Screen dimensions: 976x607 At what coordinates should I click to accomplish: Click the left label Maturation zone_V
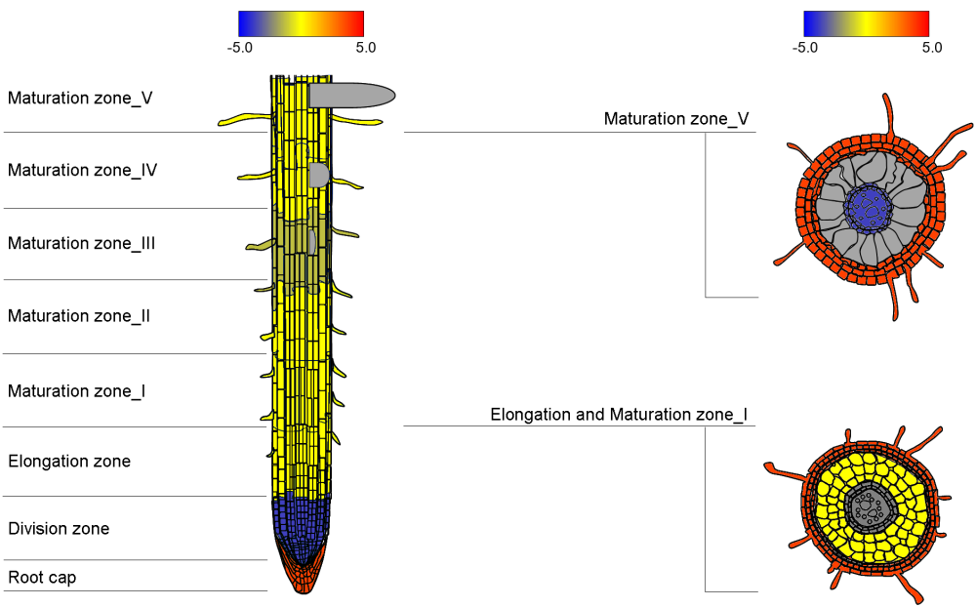[x=80, y=99]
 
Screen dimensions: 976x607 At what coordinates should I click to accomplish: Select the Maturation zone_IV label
[x=82, y=170]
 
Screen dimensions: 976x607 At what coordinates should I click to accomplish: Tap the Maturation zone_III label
[x=81, y=243]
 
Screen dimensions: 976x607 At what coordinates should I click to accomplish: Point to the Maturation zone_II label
[x=78, y=315]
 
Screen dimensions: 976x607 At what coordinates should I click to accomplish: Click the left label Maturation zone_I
[x=76, y=391]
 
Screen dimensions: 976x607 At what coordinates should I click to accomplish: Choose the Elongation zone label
[x=69, y=462]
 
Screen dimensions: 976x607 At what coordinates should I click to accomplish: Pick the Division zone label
[x=59, y=529]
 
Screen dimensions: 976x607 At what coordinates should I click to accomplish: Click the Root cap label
[x=42, y=578]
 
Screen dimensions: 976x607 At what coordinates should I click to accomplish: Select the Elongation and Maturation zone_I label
[x=619, y=415]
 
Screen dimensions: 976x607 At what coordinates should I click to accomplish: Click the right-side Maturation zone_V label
[x=676, y=119]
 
